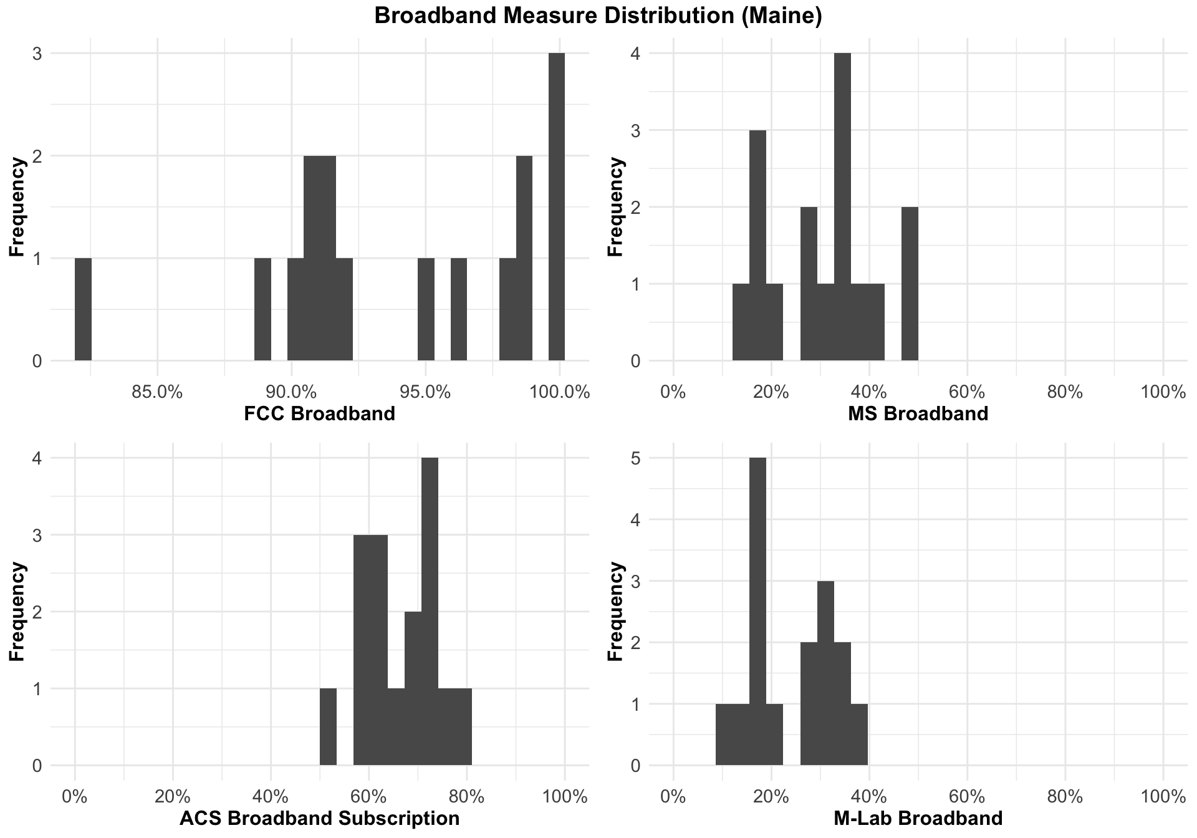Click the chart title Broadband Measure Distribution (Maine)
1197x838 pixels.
(x=598, y=16)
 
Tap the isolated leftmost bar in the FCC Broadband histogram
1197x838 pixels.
(x=83, y=309)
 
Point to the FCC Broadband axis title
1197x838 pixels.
(x=319, y=413)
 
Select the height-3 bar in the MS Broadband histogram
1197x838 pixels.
(x=757, y=245)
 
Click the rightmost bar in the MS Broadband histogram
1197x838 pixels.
(x=910, y=284)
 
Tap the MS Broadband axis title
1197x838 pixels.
(x=918, y=413)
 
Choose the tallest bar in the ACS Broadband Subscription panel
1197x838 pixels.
(x=430, y=611)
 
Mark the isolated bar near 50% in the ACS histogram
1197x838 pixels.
(x=328, y=726)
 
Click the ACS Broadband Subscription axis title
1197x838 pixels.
(x=319, y=818)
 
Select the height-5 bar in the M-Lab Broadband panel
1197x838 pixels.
(x=757, y=611)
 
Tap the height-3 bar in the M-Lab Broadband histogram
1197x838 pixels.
(x=825, y=673)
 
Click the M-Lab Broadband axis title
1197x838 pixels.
(x=918, y=818)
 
